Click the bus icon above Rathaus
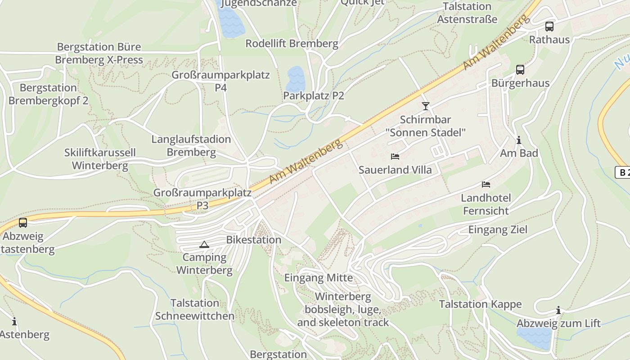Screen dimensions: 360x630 549,26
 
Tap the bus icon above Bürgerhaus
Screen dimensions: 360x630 520,70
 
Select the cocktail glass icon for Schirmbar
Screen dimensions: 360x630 425,106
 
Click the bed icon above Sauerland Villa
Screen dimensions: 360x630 395,157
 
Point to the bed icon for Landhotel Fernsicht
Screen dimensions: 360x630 486,184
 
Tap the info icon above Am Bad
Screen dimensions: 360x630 519,140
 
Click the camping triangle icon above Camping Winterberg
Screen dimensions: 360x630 204,245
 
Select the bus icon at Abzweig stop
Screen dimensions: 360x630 22,223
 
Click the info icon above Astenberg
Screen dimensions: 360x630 14,322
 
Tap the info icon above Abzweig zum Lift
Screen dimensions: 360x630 558,310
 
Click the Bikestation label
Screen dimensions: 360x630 253,240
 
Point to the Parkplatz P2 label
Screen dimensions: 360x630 314,95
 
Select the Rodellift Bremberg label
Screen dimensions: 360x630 292,44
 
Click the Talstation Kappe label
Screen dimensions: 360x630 480,304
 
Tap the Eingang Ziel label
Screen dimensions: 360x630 498,229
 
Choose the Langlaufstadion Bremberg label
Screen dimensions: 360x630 191,146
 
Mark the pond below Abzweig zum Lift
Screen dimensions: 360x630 534,337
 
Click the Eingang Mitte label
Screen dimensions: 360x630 318,278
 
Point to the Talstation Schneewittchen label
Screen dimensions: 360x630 195,310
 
